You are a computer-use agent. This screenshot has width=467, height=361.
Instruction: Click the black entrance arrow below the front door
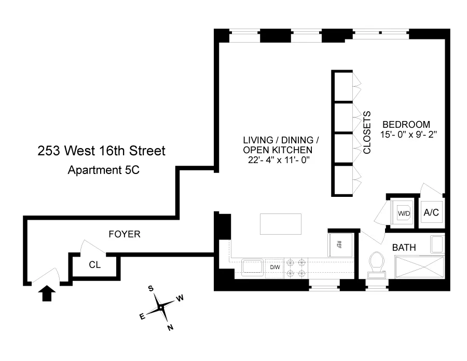[47, 295]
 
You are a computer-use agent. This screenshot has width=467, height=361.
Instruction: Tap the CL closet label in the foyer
[94, 264]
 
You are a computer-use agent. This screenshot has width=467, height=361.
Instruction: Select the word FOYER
[124, 234]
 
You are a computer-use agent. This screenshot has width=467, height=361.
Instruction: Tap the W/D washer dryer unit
[404, 212]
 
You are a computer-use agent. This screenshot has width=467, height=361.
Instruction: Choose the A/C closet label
[431, 212]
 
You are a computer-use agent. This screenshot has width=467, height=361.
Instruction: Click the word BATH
[404, 248]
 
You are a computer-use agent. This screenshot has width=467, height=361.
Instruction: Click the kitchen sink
[253, 268]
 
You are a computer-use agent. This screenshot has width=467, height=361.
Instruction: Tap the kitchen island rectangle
[280, 224]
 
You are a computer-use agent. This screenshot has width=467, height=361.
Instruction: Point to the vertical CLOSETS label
[367, 132]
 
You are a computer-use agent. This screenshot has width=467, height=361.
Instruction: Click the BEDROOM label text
[406, 124]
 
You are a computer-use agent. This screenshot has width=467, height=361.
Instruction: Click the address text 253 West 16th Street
[101, 151]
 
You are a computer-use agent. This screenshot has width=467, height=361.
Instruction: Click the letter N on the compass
[170, 327]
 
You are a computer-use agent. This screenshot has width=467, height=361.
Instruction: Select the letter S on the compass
[150, 288]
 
